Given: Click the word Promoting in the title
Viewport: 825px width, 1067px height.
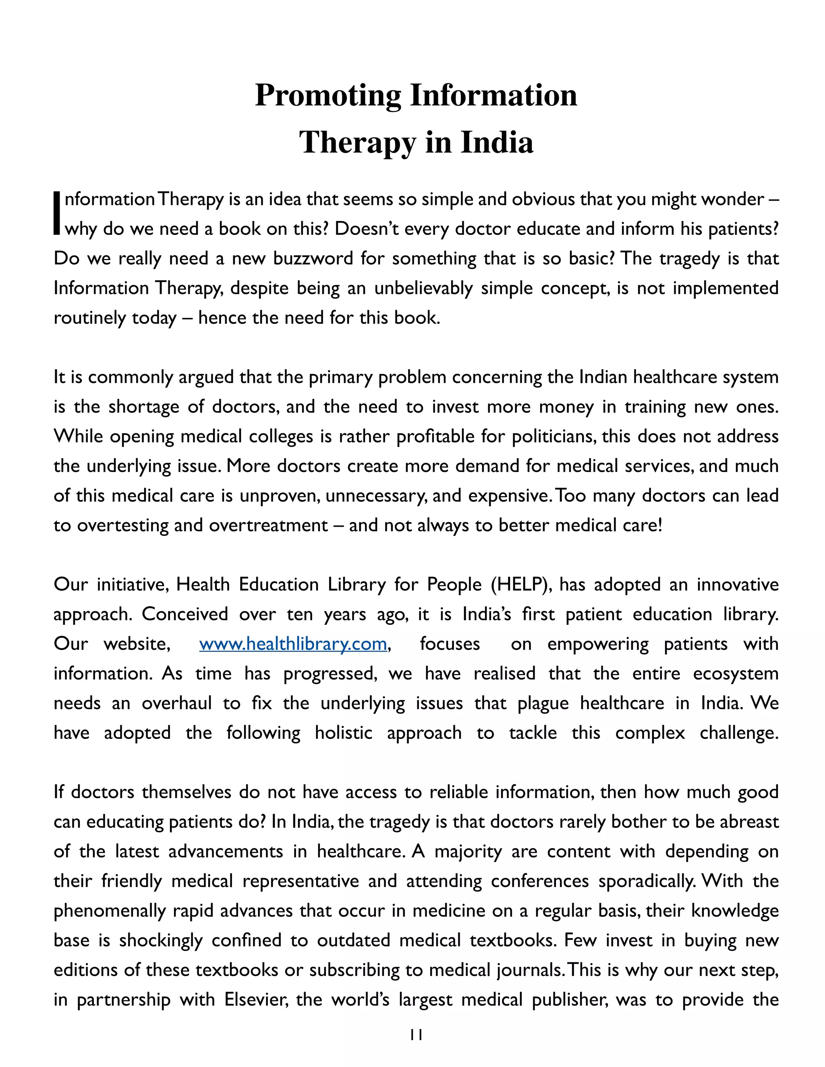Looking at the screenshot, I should [328, 96].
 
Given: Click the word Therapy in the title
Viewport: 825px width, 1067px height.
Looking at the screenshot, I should [357, 143].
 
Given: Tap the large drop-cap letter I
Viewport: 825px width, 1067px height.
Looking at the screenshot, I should [58, 213].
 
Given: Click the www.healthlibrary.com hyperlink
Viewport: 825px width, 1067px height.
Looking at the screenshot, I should [293, 644].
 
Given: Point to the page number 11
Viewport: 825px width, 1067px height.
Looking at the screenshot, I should [416, 1035].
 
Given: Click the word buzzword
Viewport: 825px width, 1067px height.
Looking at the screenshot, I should [313, 258].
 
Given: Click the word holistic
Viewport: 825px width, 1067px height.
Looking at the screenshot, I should [344, 733].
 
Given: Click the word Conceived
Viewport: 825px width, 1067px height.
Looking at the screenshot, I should [185, 614].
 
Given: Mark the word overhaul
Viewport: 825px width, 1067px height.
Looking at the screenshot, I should [177, 703].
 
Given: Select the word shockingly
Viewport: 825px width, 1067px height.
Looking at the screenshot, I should [161, 941].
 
